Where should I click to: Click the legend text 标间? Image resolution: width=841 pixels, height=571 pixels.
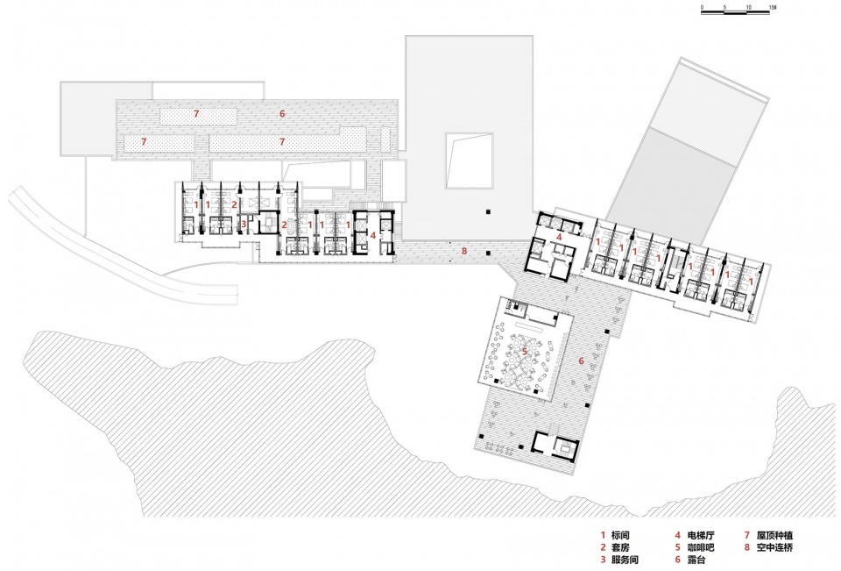[620, 535]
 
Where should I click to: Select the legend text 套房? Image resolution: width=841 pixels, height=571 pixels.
[620, 547]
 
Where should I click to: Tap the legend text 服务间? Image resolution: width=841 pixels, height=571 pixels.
[625, 560]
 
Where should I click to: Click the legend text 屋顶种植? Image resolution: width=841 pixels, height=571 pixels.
[774, 535]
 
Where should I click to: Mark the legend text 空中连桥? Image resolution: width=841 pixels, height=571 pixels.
[774, 547]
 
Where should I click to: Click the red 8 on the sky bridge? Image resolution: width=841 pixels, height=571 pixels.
[464, 251]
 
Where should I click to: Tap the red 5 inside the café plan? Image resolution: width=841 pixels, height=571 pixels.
[525, 352]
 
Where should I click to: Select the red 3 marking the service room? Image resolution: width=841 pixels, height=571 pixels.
[243, 224]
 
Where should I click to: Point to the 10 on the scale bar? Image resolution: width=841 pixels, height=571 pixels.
[748, 8]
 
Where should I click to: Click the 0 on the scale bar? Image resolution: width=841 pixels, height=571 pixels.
[702, 8]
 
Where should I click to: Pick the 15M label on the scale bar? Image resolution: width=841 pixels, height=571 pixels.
[773, 8]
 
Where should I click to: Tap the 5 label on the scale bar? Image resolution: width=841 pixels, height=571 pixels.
[724, 8]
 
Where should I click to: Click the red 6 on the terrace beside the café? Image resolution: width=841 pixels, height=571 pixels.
[581, 361]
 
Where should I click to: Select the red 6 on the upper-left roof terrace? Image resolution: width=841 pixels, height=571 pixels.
[281, 113]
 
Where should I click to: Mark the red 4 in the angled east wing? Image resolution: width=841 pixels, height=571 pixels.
[559, 236]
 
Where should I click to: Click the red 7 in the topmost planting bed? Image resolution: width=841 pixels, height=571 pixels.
[196, 113]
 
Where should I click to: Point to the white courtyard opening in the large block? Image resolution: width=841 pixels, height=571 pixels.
[469, 161]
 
